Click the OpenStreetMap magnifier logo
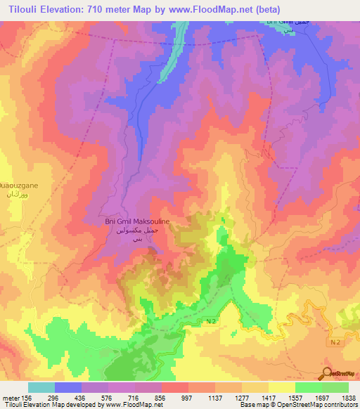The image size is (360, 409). point(327,372)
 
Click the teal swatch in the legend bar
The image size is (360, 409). point(41,387)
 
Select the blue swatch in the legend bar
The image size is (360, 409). point(68,387)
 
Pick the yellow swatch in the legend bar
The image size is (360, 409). point(281,387)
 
